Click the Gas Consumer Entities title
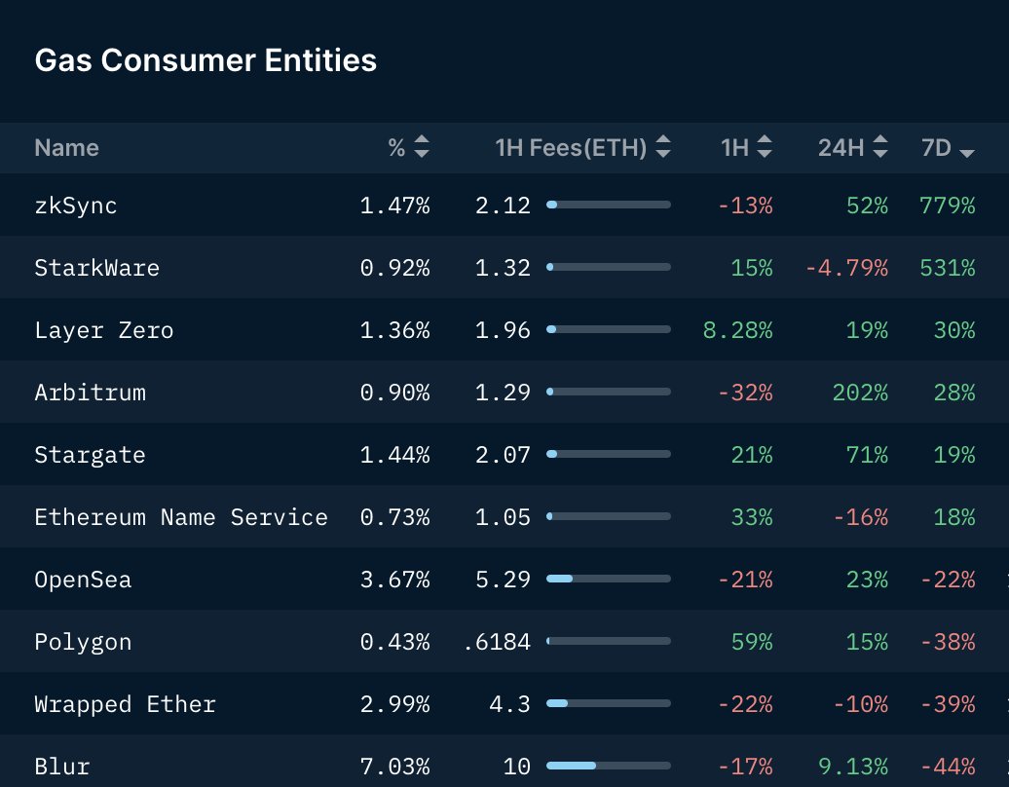206,60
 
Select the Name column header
66,148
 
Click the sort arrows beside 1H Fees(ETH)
663,148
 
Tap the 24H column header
841,148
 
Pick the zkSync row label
76,206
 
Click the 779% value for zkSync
947,206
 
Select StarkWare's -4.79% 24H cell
845,268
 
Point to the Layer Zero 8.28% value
737,330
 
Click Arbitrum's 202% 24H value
860,393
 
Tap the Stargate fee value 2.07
503,455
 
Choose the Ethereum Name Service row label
181,517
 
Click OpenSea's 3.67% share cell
394,580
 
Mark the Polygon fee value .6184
498,642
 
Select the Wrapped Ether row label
125,704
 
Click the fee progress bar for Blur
609,767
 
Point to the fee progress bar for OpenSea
609,580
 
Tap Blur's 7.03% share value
394,767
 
